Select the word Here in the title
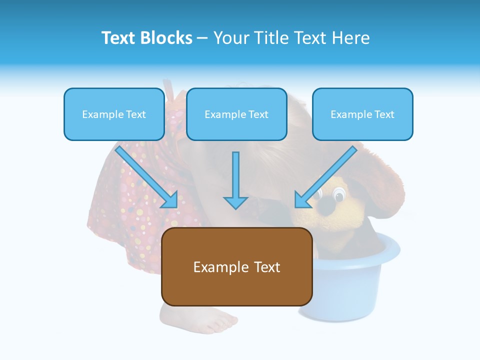pos(350,38)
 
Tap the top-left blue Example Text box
pos(114,114)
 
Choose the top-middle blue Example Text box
pos(236,114)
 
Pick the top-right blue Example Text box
pos(362,114)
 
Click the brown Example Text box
pos(236,266)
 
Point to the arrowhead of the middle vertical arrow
pos(235,202)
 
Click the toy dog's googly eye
pos(339,192)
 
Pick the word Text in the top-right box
pos(384,114)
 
